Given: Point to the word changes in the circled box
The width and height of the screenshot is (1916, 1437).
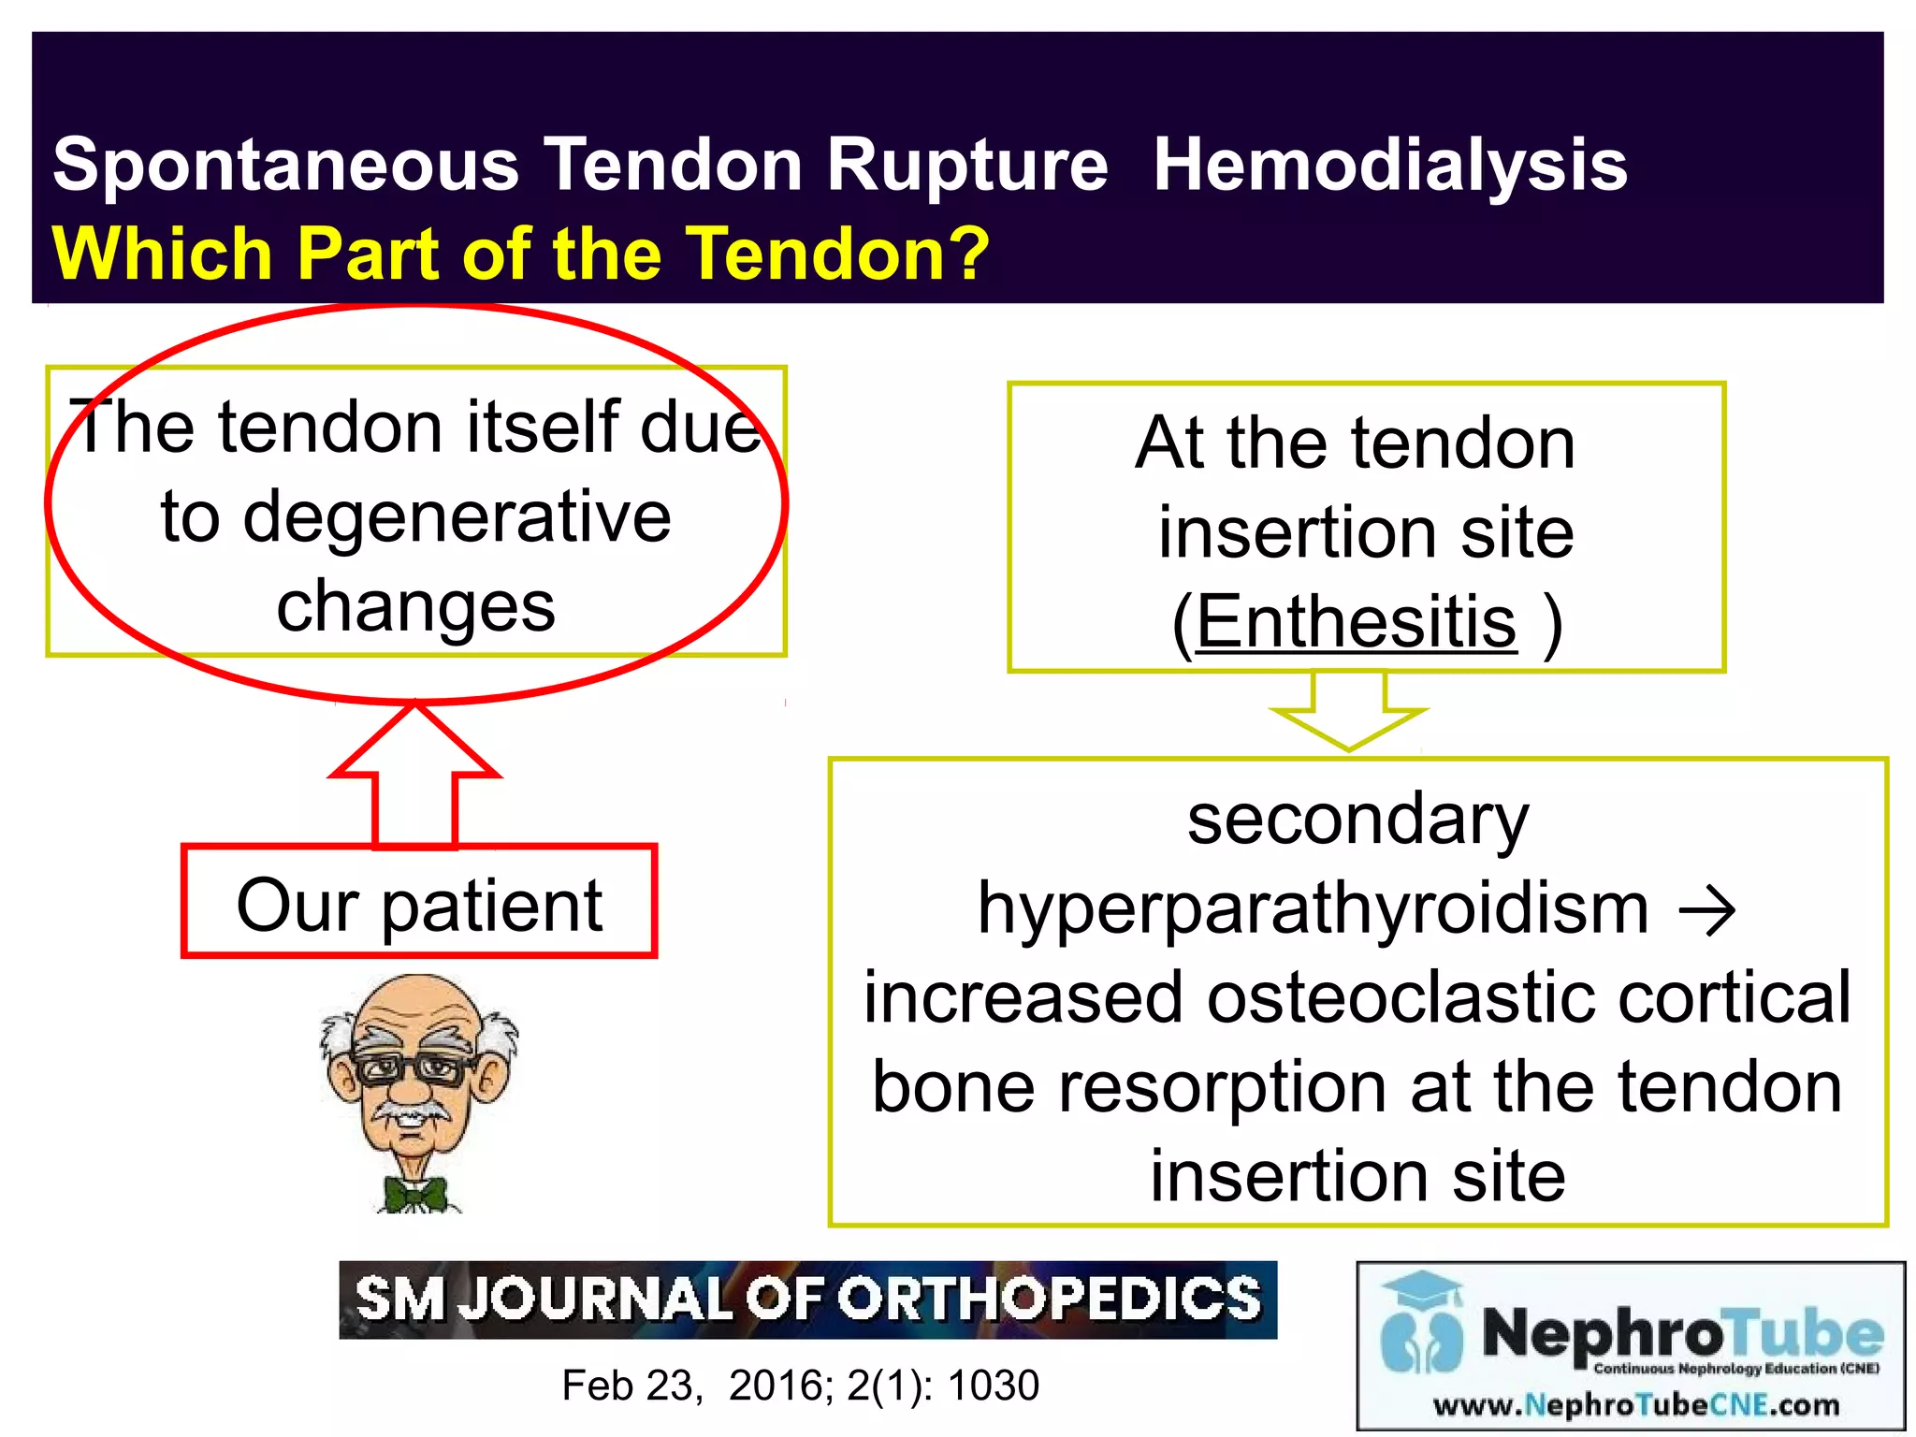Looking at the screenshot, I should [415, 606].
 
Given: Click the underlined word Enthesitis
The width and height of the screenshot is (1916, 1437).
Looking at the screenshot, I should [1356, 622].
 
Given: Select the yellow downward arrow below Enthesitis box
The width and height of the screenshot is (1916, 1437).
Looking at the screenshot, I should [1348, 716].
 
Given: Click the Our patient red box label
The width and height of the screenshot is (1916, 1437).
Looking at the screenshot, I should [419, 904].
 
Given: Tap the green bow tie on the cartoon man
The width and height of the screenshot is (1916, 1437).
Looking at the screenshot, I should [416, 1195].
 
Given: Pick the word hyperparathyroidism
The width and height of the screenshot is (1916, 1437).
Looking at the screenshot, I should [1313, 909].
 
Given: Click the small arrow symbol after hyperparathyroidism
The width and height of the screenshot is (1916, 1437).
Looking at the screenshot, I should [1706, 909].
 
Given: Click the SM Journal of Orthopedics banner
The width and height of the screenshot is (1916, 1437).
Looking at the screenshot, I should [807, 1299].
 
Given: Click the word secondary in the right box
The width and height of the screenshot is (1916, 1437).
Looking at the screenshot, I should [1357, 820].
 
